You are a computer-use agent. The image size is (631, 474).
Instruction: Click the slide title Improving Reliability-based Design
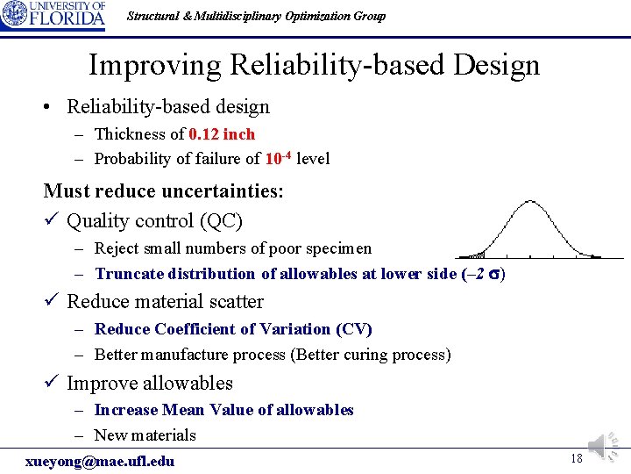[x=314, y=65]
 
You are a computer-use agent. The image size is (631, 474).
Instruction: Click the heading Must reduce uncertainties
[x=163, y=190]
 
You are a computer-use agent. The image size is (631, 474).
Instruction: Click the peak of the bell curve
[x=530, y=203]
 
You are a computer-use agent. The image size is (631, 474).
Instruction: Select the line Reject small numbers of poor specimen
[x=232, y=248]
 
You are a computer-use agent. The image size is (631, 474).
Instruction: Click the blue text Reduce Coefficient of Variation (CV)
[x=233, y=329]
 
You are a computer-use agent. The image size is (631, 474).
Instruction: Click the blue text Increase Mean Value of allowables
[x=223, y=410]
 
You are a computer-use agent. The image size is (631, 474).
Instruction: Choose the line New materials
[x=145, y=435]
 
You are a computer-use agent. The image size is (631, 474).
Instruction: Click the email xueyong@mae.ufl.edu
[x=100, y=462]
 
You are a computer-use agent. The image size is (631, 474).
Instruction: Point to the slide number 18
[x=576, y=459]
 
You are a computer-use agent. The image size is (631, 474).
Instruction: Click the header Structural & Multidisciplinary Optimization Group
[x=256, y=16]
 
